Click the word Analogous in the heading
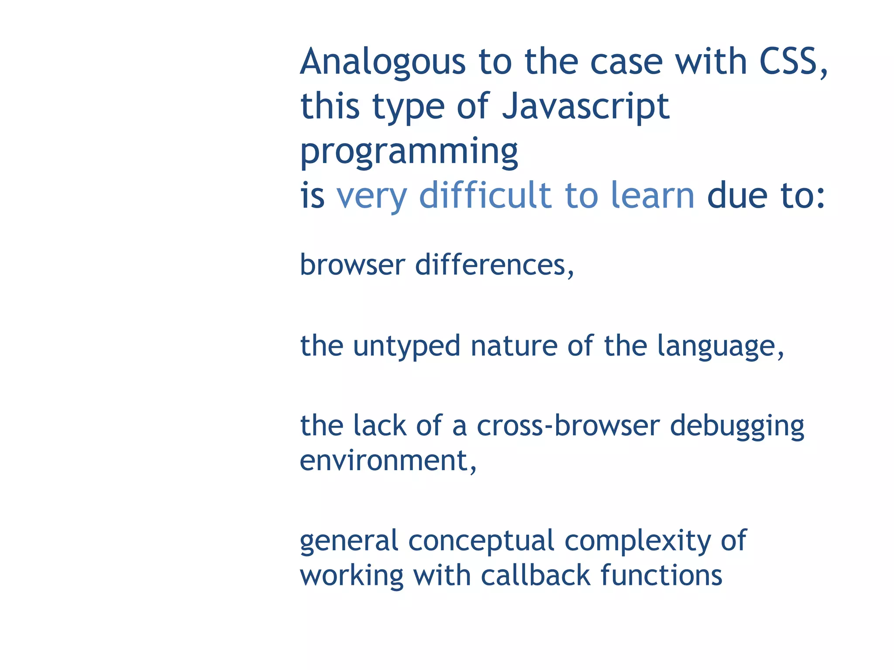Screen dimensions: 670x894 [x=383, y=62]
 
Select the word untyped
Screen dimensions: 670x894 [x=406, y=346]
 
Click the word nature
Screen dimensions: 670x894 [x=514, y=346]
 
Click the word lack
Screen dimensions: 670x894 [x=380, y=425]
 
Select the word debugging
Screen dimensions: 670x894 [x=737, y=426]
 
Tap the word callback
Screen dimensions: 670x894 [x=536, y=575]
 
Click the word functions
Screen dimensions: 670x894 [x=661, y=575]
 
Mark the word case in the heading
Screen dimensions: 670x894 [x=626, y=62]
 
